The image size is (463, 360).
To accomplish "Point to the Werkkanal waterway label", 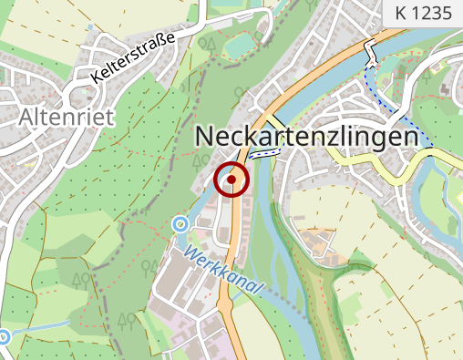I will pos(223,271).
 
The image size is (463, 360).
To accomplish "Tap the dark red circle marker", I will pos(231,180).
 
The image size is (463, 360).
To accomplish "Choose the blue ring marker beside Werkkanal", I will pos(180,223).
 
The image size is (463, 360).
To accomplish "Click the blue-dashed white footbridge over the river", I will pos(262,154).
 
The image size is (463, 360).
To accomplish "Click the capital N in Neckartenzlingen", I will pos(206,137).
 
